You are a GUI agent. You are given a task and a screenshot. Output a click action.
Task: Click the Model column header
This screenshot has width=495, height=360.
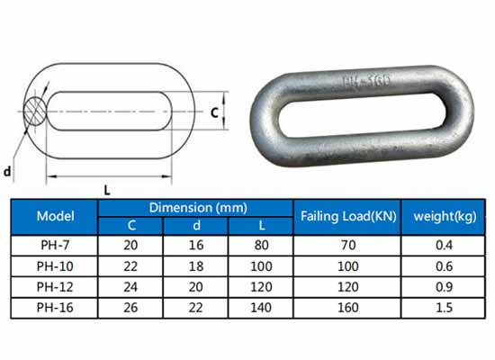(55, 216)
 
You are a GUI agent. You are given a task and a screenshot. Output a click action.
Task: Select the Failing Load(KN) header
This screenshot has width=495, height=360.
(348, 216)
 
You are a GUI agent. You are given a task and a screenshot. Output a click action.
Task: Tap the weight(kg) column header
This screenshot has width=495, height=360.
(445, 217)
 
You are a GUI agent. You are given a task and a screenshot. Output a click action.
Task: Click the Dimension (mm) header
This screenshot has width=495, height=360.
(198, 208)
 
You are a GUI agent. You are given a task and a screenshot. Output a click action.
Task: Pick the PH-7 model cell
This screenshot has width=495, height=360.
(55, 245)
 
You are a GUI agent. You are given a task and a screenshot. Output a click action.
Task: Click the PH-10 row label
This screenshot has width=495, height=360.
(55, 266)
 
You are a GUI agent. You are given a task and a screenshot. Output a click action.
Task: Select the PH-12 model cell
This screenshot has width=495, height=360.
(55, 287)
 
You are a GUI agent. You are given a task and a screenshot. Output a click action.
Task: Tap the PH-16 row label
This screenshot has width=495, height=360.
(55, 308)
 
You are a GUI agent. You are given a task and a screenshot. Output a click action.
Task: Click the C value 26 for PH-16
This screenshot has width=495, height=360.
(130, 308)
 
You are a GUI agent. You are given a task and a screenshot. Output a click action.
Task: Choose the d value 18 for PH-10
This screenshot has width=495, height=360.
(196, 266)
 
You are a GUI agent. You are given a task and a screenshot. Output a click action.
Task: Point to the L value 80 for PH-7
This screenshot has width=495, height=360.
(261, 245)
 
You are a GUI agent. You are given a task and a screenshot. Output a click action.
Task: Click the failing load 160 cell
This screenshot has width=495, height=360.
(348, 308)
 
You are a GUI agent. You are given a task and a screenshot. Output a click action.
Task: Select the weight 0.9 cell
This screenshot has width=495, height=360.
(445, 287)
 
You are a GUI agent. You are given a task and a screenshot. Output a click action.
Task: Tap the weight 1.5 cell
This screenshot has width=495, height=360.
(445, 308)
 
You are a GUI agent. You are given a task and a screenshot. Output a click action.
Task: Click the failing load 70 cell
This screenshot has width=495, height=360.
(348, 245)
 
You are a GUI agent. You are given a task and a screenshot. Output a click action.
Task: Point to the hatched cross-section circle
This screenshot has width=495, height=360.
(35, 112)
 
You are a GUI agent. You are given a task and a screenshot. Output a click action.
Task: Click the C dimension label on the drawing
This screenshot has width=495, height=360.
(215, 112)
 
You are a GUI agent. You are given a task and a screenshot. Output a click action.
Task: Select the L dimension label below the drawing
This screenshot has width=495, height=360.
(107, 191)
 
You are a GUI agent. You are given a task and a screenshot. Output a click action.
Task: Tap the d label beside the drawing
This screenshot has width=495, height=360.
(7, 172)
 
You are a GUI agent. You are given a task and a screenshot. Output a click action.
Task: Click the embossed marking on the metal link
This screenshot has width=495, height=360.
(366, 81)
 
